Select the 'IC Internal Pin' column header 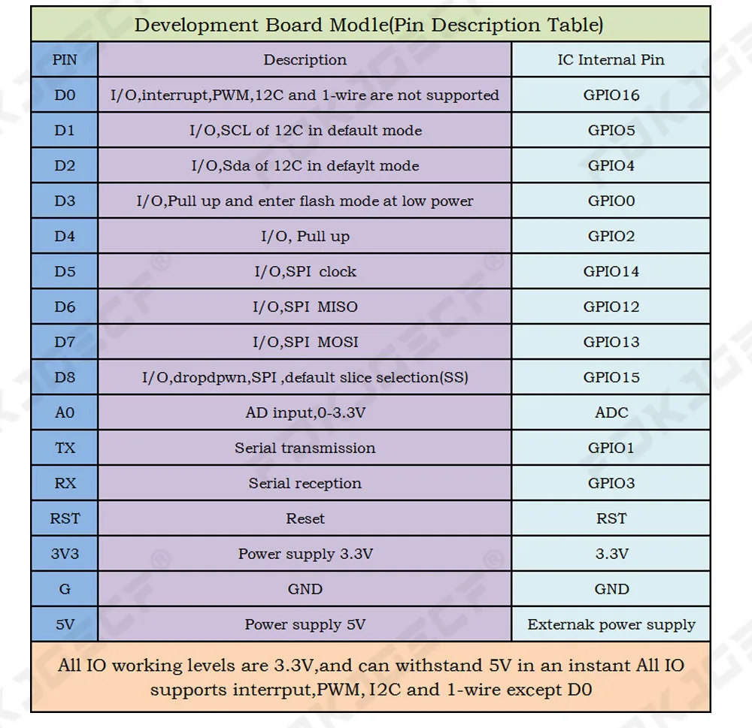[x=611, y=60]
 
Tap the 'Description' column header [x=305, y=60]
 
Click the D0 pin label [x=65, y=95]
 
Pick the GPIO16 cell [x=611, y=95]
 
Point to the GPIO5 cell [x=611, y=131]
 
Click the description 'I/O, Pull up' [x=305, y=237]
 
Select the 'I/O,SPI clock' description [x=305, y=272]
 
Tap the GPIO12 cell [x=611, y=307]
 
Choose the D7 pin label [x=65, y=343]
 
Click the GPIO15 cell [x=611, y=378]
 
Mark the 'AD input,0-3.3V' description [x=305, y=413]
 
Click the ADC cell [x=611, y=413]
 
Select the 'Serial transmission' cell [x=305, y=449]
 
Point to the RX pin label [x=65, y=484]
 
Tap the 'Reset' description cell [x=305, y=519]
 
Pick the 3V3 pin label [x=65, y=554]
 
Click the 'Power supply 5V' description [x=305, y=625]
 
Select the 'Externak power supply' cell [x=611, y=625]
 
